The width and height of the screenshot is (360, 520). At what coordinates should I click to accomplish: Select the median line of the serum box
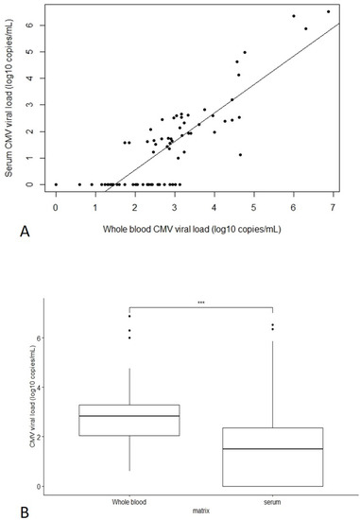272,449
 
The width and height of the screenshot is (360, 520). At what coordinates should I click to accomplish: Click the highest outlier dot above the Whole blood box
129,316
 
